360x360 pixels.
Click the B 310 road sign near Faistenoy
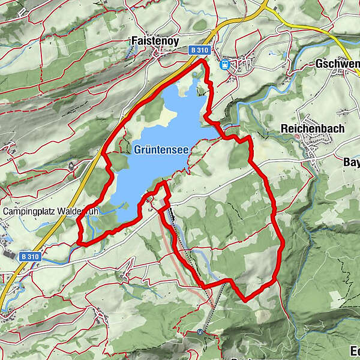(199, 52)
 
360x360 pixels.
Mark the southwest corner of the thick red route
(79, 242)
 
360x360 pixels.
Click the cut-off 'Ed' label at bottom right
(354, 351)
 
